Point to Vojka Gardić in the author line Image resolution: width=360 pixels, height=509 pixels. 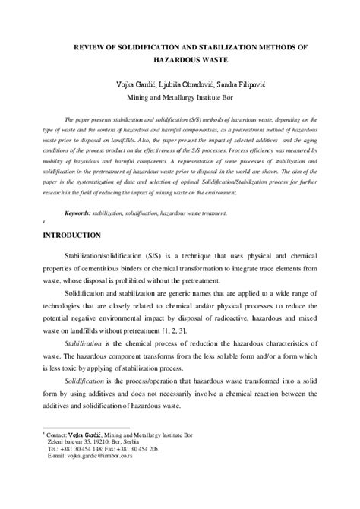pyautogui.click(x=130, y=82)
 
